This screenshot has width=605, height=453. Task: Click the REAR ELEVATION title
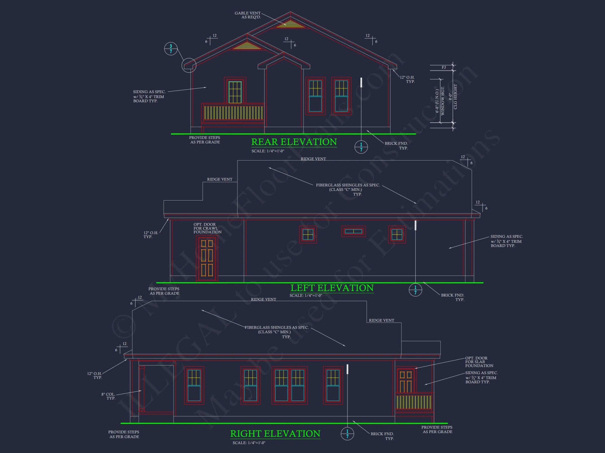[x=294, y=142]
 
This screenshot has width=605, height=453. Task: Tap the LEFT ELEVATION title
[x=332, y=288]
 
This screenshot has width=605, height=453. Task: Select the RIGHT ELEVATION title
[x=275, y=434]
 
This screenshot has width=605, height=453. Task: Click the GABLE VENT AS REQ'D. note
[x=248, y=15]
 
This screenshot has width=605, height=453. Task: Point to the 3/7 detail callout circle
[x=171, y=49]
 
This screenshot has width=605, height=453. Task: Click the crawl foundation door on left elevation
[x=207, y=259]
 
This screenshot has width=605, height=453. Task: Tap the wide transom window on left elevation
[x=353, y=231]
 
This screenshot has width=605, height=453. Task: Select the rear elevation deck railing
[x=233, y=113]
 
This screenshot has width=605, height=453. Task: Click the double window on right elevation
[x=289, y=385]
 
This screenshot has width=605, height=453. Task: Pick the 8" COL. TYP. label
[x=108, y=396]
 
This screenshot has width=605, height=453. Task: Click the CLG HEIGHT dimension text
[x=455, y=97]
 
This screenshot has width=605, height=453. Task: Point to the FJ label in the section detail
[x=444, y=67]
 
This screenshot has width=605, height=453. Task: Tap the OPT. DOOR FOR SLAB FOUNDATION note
[x=479, y=362]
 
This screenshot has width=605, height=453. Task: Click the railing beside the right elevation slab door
[x=414, y=402]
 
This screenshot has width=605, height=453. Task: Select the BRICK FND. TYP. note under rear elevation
[x=396, y=146]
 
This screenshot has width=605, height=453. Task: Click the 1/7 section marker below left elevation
[x=415, y=290]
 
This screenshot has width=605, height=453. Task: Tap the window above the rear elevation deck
[x=235, y=92]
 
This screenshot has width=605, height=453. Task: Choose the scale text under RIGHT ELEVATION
[x=249, y=443]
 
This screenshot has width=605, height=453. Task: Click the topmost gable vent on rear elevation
[x=290, y=24]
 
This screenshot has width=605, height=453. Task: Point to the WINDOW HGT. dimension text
[x=443, y=101]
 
